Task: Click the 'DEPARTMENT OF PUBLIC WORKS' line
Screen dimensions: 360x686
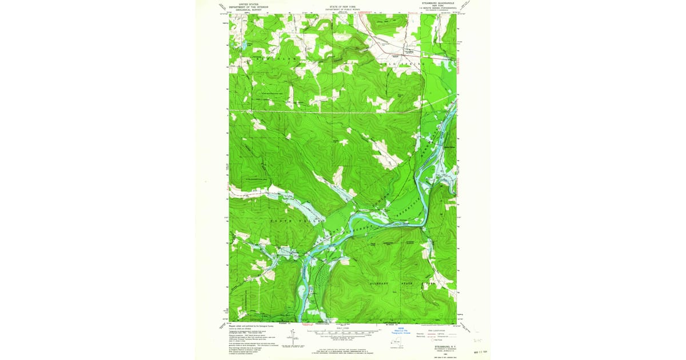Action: coord(343,10)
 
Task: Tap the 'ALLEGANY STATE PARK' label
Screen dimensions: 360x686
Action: coord(400,283)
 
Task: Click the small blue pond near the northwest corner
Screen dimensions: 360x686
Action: coord(242,43)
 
